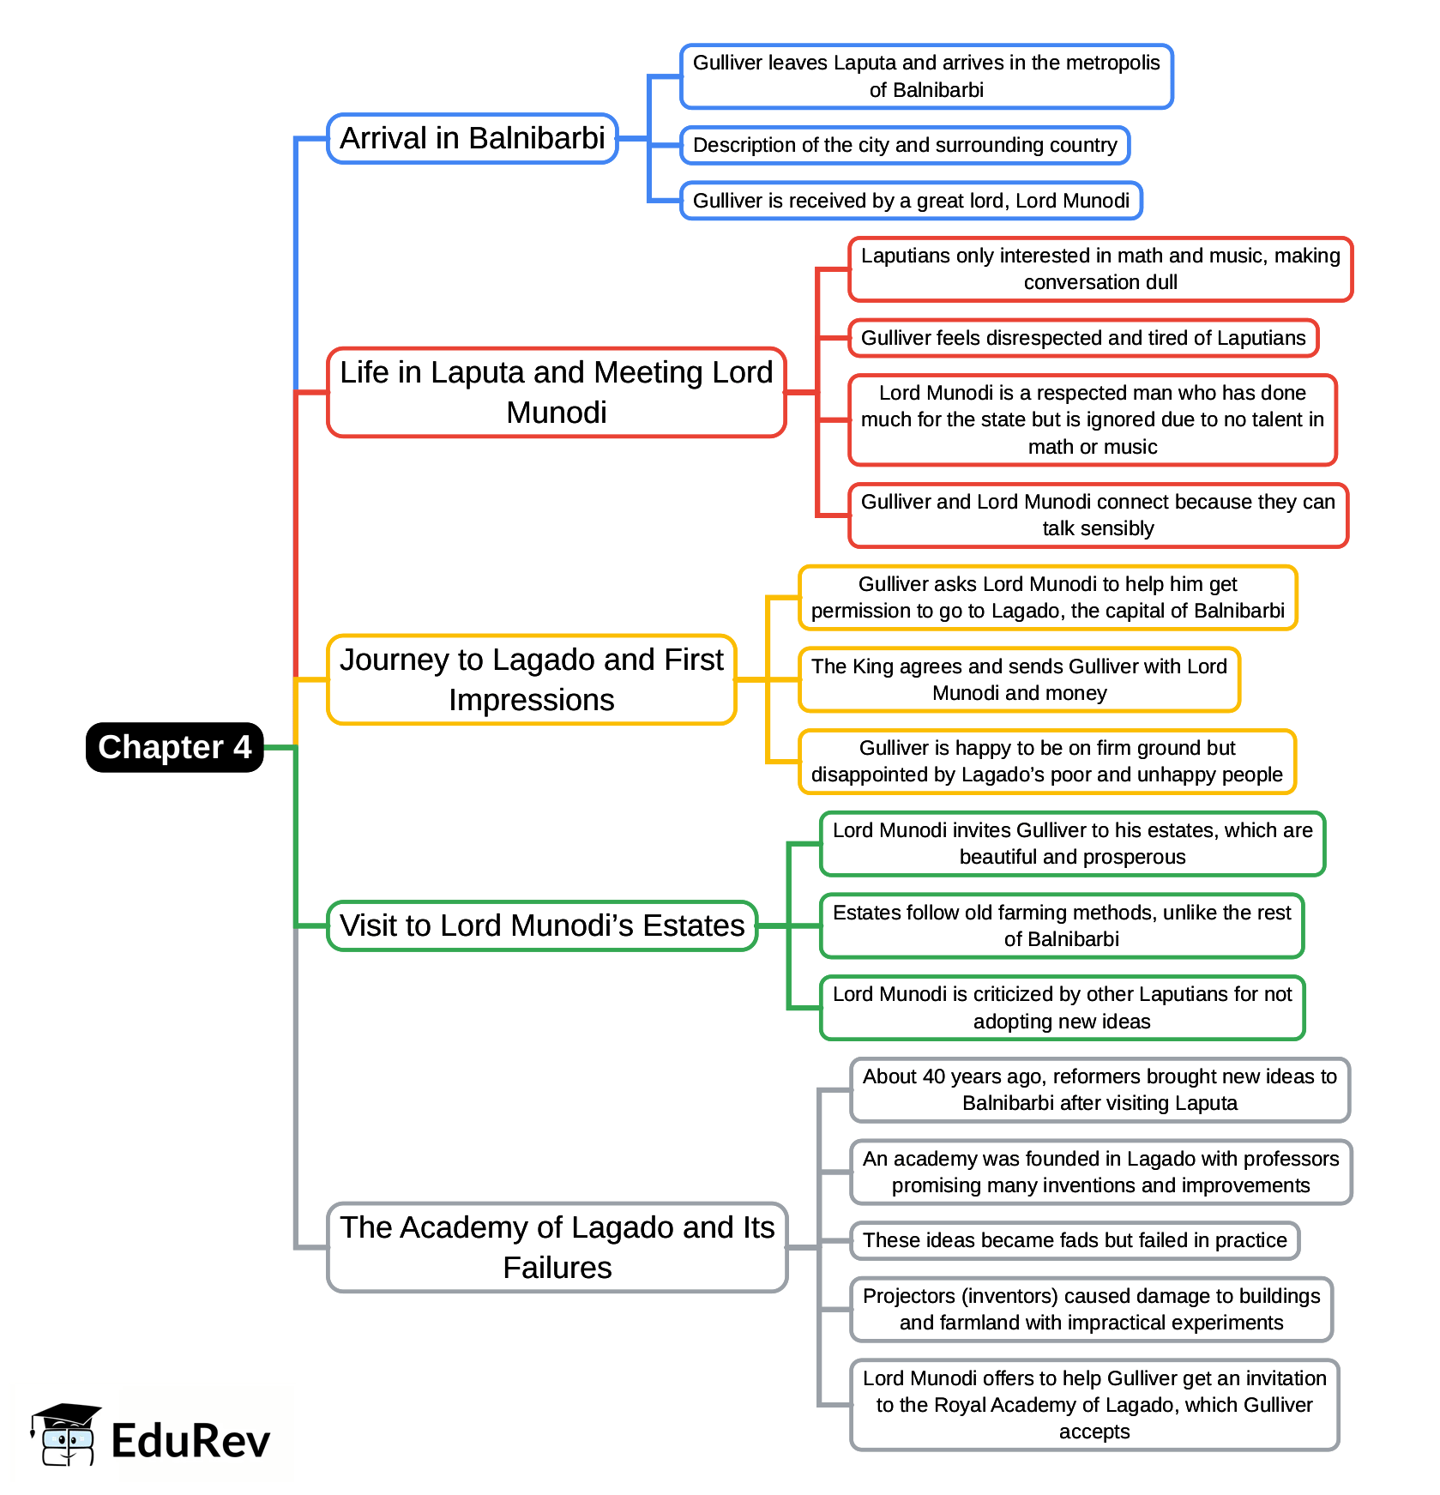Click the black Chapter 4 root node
pyautogui.click(x=174, y=747)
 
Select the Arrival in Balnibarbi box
pyautogui.click(x=473, y=138)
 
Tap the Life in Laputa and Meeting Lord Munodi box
pyautogui.click(x=557, y=392)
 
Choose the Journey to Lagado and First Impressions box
pyautogui.click(x=532, y=679)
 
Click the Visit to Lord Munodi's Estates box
pyautogui.click(x=542, y=925)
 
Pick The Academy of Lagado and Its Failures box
pyautogui.click(x=557, y=1247)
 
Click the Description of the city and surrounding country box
pyautogui.click(x=905, y=145)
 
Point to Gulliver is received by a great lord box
pyautogui.click(x=911, y=201)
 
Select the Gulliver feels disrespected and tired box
pyautogui.click(x=1083, y=338)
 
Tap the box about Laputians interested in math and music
pyautogui.click(x=1100, y=268)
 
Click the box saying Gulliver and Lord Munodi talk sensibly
pyautogui.click(x=1098, y=515)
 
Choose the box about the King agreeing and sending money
pyautogui.click(x=1019, y=679)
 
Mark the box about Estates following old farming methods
pyautogui.click(x=1062, y=925)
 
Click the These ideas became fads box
pyautogui.click(x=1075, y=1240)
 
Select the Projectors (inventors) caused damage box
pyautogui.click(x=1091, y=1309)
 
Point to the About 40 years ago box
pyautogui.click(x=1100, y=1089)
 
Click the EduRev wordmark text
pyautogui.click(x=190, y=1440)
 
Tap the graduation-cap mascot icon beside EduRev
pyautogui.click(x=65, y=1435)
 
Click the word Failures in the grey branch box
pyautogui.click(x=557, y=1268)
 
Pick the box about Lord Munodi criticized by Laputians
pyautogui.click(x=1062, y=1008)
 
